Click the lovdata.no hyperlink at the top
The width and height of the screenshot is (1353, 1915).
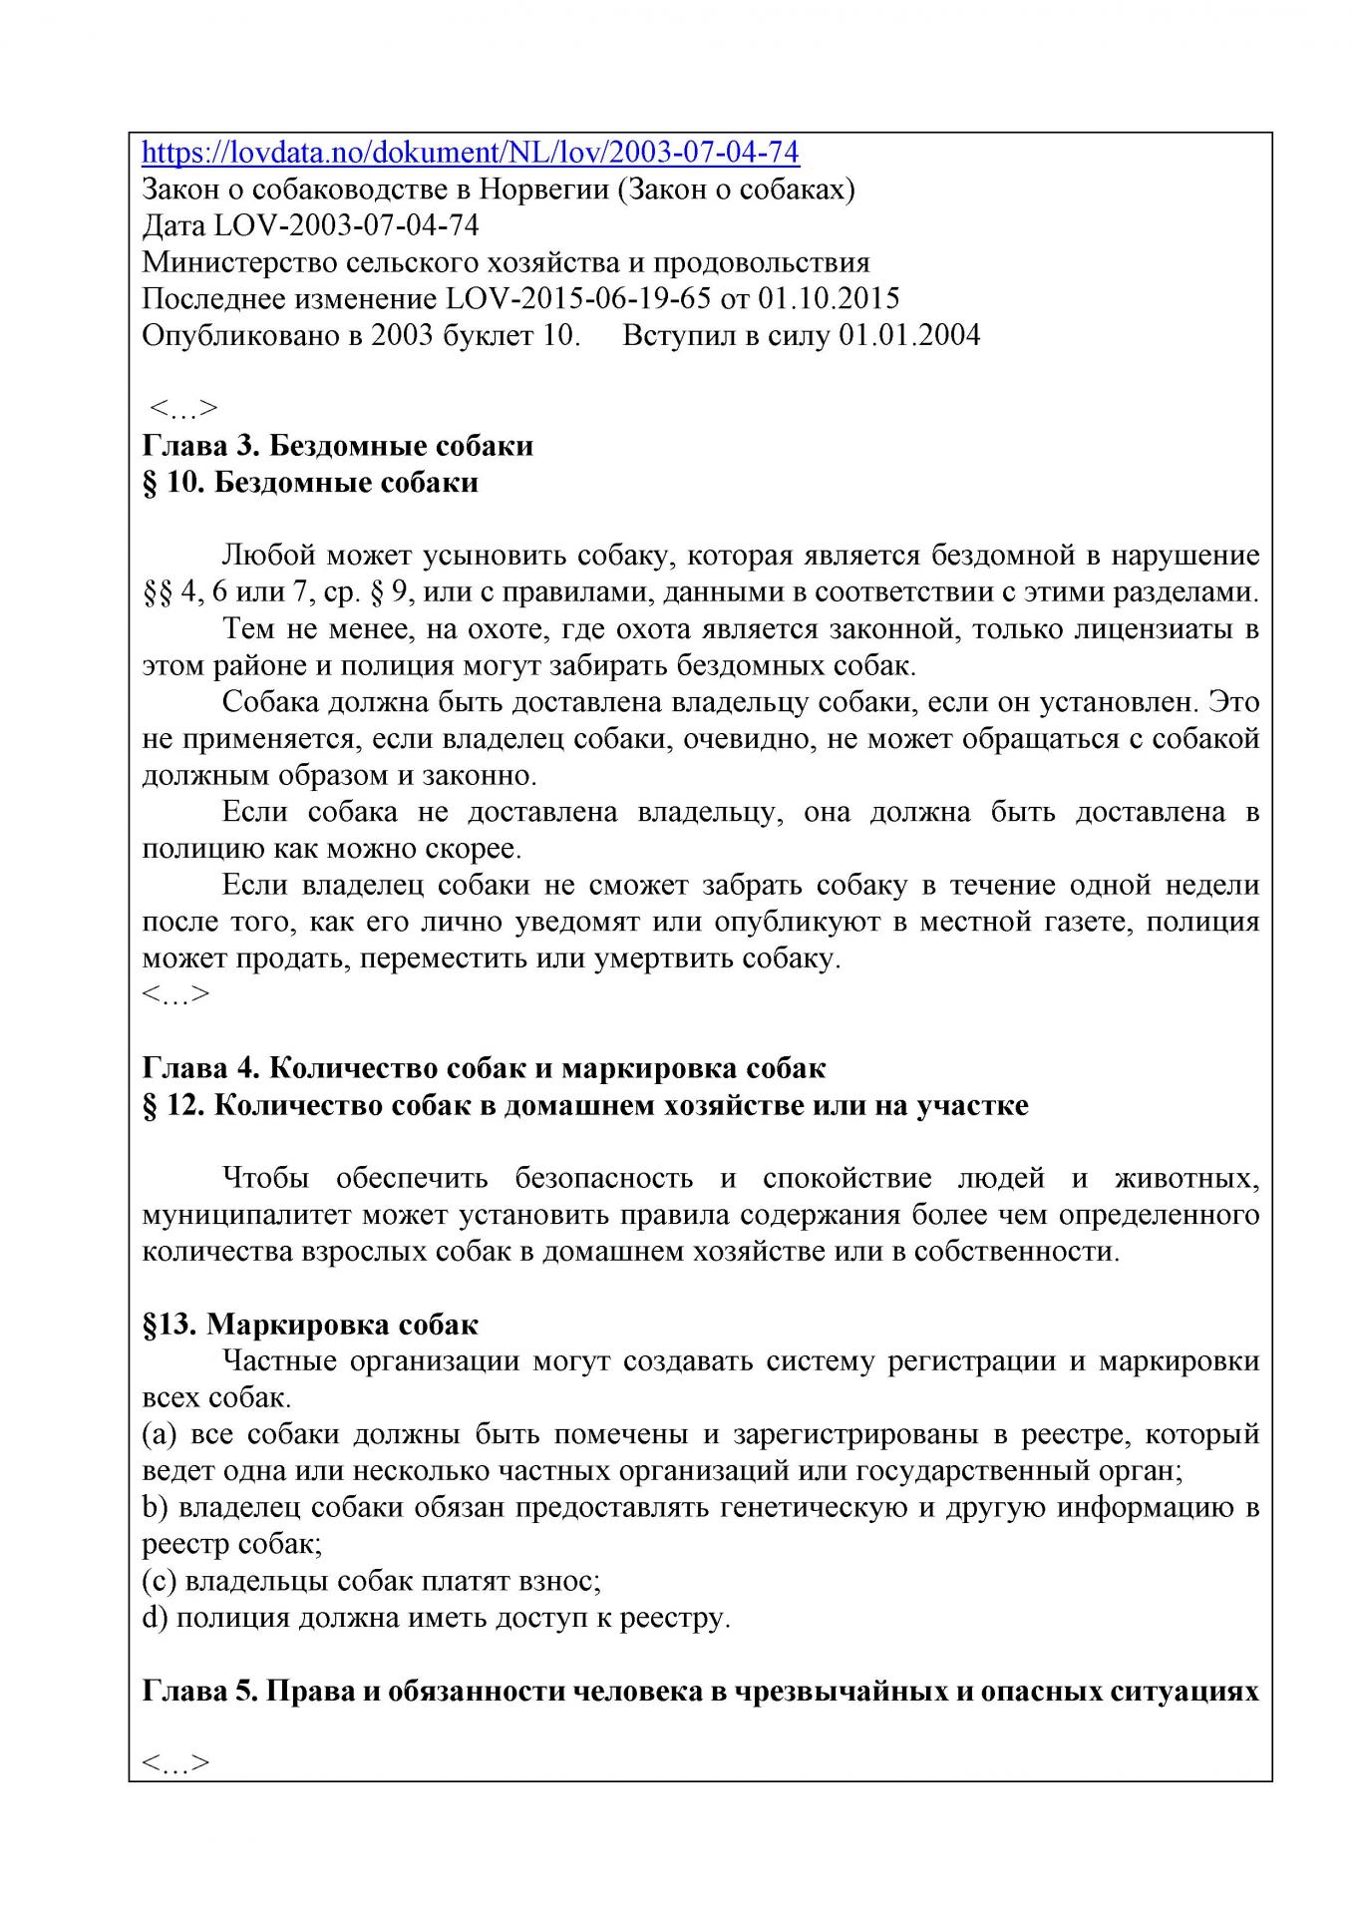[471, 153]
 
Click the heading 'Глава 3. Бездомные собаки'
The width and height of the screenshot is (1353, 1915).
[338, 445]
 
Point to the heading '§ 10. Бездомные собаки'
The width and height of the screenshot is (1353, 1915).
[310, 482]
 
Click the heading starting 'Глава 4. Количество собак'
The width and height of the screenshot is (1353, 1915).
[484, 1068]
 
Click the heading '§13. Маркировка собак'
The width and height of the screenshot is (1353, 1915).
[310, 1325]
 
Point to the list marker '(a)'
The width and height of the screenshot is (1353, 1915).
[160, 1434]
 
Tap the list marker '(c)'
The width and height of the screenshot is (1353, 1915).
[160, 1581]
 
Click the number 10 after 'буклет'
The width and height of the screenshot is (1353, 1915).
[557, 335]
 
